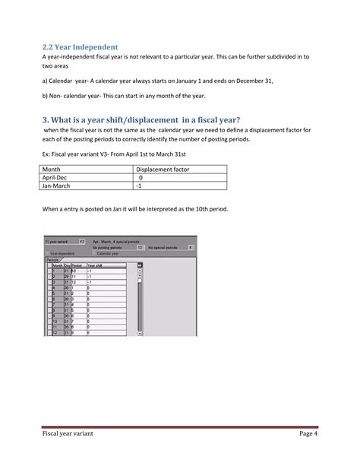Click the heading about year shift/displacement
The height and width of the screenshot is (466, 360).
tap(142, 119)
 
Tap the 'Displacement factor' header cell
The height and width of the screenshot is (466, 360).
tap(162, 169)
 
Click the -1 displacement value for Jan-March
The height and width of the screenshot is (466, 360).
tap(139, 185)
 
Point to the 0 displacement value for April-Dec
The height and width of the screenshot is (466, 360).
tap(141, 177)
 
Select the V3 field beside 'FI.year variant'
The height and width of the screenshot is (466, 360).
tap(82, 242)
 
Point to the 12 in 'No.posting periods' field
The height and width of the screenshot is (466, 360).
tap(139, 247)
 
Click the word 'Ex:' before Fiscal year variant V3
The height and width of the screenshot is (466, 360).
tap(47, 154)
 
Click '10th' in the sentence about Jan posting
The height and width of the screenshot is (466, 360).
tap(223, 208)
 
